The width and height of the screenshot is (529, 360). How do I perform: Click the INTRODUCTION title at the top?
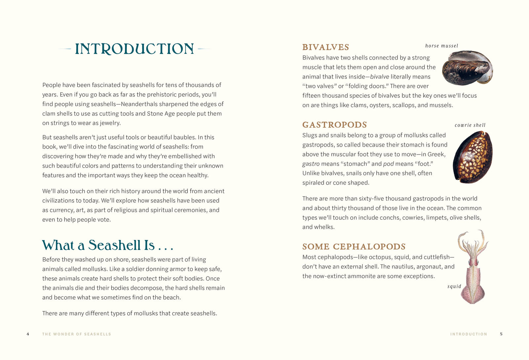pos(134,49)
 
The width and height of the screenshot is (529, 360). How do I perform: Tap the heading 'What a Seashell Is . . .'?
pos(107,245)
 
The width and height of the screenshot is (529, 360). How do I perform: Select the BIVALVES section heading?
pos(326,47)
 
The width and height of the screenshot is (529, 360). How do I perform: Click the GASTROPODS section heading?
pos(335,125)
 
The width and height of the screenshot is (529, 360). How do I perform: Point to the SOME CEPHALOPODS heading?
pos(354,247)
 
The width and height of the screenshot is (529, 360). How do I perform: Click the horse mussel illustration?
pos(467,68)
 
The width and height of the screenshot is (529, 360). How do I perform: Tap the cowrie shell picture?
pos(473,157)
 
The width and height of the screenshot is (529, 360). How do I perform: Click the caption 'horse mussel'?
pos(442,46)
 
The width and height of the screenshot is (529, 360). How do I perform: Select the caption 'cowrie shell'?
pos(470,125)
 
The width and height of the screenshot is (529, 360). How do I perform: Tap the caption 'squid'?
pos(454,286)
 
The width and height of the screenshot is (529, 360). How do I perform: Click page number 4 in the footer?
pos(28,334)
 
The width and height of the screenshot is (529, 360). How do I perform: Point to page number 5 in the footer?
pos(501,334)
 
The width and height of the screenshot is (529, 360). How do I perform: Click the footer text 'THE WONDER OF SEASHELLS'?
pos(77,334)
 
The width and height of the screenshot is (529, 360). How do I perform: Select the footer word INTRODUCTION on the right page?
pos(468,334)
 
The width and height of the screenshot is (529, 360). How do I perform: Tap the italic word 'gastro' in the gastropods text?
pos(311,164)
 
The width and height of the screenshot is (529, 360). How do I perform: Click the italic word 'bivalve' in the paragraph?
pos(379,77)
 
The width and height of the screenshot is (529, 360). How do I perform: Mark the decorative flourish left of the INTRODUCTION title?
pos(65,49)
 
